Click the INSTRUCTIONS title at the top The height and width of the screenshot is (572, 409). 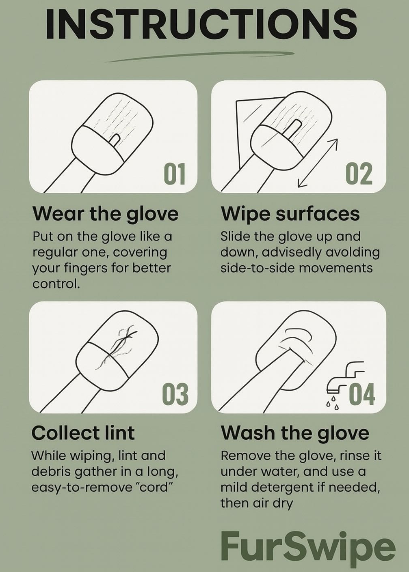click(x=201, y=24)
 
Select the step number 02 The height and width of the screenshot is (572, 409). click(x=359, y=174)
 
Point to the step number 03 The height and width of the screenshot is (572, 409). click(x=175, y=394)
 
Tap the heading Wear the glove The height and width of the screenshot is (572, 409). click(x=105, y=214)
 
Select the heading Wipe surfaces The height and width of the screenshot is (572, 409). click(x=290, y=214)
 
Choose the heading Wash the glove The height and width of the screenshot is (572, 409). click(x=295, y=433)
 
